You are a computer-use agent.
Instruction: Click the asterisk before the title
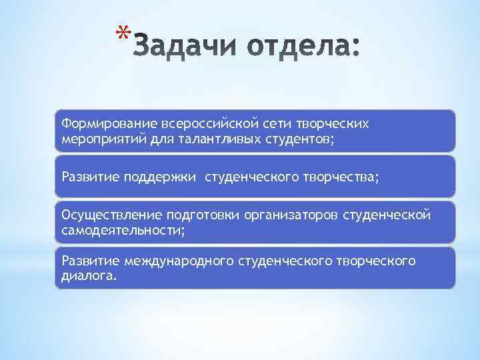pos(121,33)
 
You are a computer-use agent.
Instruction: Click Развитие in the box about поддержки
pos(87,177)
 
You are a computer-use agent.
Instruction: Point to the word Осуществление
pos(103,215)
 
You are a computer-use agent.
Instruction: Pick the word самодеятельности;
pos(123,230)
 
